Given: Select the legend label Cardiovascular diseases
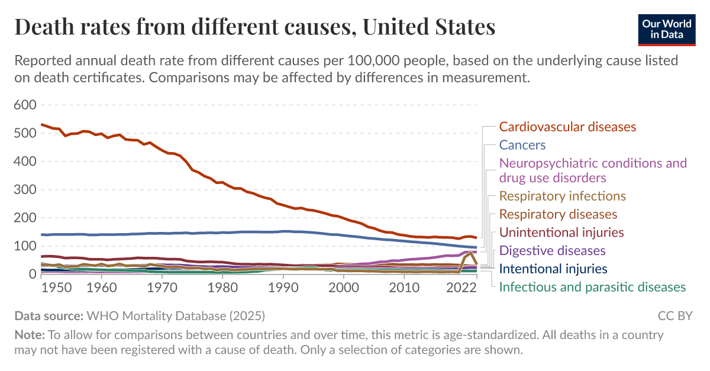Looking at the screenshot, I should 567,127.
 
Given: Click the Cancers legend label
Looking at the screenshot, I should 522,145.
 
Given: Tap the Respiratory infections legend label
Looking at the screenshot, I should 562,196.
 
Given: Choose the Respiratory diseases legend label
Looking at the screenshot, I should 558,214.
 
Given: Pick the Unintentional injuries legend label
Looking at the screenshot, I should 561,233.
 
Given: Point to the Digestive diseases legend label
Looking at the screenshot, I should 553,251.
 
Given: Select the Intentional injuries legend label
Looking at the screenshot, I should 553,269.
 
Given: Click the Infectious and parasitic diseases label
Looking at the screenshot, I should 592,288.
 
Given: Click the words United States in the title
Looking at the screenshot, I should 429,27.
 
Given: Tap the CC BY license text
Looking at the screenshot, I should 674,315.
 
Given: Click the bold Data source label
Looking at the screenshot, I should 49,315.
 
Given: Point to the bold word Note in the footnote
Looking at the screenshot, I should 27,335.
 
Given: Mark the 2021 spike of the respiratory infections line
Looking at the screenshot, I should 471,253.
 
